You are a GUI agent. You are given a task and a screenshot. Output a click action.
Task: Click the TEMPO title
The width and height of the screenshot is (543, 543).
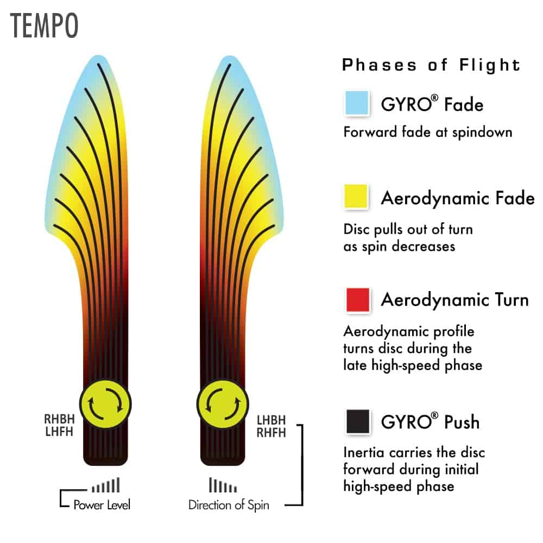44,26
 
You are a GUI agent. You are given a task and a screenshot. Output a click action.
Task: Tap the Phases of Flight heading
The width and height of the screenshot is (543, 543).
431,65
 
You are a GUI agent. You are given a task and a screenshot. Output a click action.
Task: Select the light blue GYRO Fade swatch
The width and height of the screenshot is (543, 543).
357,103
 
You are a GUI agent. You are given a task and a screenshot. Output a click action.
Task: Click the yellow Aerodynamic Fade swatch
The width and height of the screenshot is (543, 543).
356,197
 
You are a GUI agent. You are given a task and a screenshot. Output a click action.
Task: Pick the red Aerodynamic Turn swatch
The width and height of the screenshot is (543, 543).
358,300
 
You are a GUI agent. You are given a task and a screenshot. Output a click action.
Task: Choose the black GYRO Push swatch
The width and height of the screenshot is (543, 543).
358,421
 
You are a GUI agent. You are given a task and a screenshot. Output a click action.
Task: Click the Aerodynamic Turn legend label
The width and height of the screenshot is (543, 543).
454,300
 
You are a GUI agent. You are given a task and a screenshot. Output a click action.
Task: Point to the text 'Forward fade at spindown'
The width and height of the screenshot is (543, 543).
428,132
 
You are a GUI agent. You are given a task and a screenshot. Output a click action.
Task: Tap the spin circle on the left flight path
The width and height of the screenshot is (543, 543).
105,404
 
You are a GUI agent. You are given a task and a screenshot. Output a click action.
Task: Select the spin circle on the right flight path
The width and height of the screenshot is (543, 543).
222,404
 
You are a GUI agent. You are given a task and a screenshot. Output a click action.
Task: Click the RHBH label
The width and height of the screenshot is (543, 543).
59,419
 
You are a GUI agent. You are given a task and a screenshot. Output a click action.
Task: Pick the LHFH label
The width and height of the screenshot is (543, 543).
59,432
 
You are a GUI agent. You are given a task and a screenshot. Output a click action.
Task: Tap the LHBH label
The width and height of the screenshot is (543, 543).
271,420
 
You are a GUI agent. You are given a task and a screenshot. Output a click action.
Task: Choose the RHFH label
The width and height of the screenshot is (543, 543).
271,433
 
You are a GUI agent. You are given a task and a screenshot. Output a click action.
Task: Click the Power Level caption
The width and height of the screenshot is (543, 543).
102,504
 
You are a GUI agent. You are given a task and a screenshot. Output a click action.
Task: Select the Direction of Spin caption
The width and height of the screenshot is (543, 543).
229,505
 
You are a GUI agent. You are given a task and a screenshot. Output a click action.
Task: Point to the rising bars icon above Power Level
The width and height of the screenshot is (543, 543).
106,485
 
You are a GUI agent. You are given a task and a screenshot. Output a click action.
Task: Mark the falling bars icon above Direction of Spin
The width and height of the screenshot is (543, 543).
223,485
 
